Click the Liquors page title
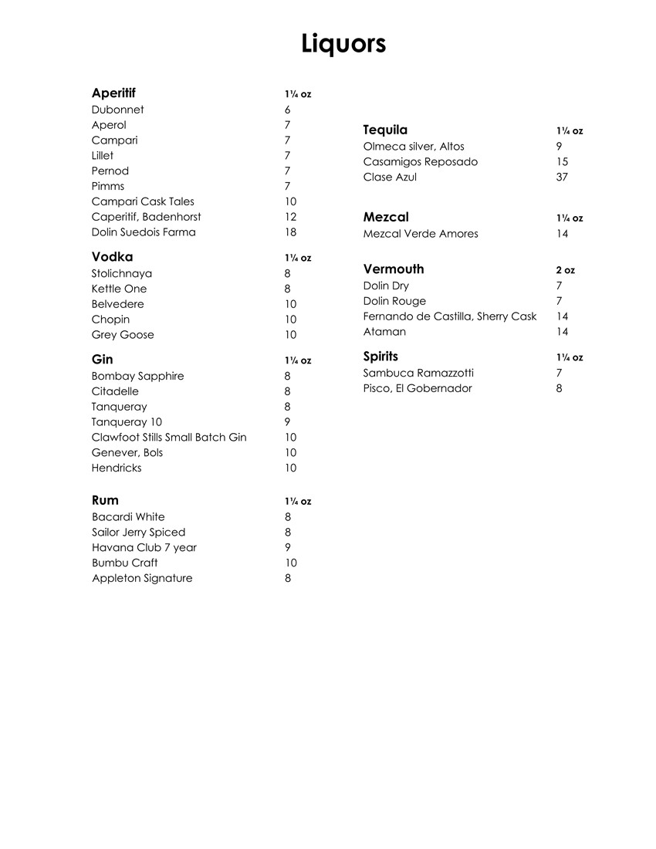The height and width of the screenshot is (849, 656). (343, 43)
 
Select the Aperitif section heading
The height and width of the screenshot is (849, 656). (113, 93)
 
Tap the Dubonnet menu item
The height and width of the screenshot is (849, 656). (117, 110)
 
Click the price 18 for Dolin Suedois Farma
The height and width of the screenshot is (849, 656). (290, 232)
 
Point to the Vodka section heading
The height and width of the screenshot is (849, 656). (112, 257)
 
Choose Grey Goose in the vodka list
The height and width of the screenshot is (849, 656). (123, 335)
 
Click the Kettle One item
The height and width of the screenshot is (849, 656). (119, 289)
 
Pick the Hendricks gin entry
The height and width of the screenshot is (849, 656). (117, 468)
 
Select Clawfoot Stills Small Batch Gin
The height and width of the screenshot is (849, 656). (169, 438)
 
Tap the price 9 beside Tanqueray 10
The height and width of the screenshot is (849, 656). (287, 422)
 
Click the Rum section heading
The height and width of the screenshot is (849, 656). (105, 500)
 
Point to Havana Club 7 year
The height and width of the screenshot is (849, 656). (144, 547)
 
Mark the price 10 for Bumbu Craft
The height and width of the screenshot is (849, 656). (290, 563)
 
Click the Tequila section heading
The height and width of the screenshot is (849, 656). (385, 130)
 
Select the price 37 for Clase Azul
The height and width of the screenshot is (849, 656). (562, 178)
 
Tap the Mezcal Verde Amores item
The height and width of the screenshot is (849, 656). (421, 234)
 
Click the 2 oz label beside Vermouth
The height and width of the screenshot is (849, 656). (565, 271)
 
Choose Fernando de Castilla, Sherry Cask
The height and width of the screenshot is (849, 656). (450, 316)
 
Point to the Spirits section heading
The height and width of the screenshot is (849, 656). (380, 357)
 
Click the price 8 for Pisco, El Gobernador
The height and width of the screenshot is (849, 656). (559, 388)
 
